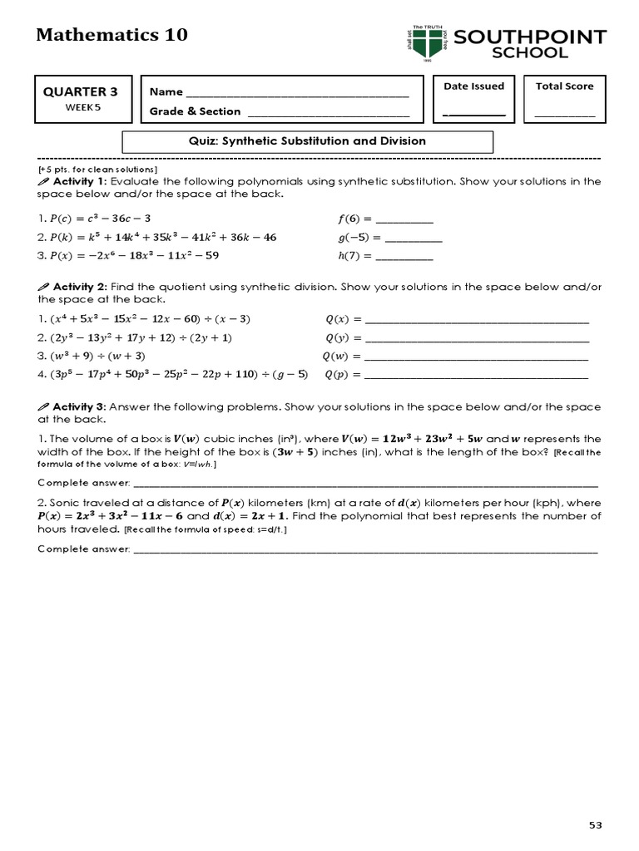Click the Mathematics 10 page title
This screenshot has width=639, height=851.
click(x=112, y=35)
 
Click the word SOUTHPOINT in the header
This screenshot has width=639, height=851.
click(x=530, y=37)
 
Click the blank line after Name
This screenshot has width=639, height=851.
click(x=298, y=93)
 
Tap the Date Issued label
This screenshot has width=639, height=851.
click(x=473, y=86)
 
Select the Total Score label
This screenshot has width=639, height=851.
click(x=564, y=86)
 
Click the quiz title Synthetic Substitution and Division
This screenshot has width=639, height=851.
click(x=308, y=141)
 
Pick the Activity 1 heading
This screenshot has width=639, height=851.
click(x=79, y=182)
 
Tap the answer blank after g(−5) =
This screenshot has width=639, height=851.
click(x=414, y=239)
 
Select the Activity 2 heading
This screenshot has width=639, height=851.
click(x=79, y=287)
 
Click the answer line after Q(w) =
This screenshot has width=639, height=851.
click(x=477, y=357)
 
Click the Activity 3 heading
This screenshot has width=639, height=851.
click(x=79, y=407)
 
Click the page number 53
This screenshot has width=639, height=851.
click(x=595, y=825)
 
